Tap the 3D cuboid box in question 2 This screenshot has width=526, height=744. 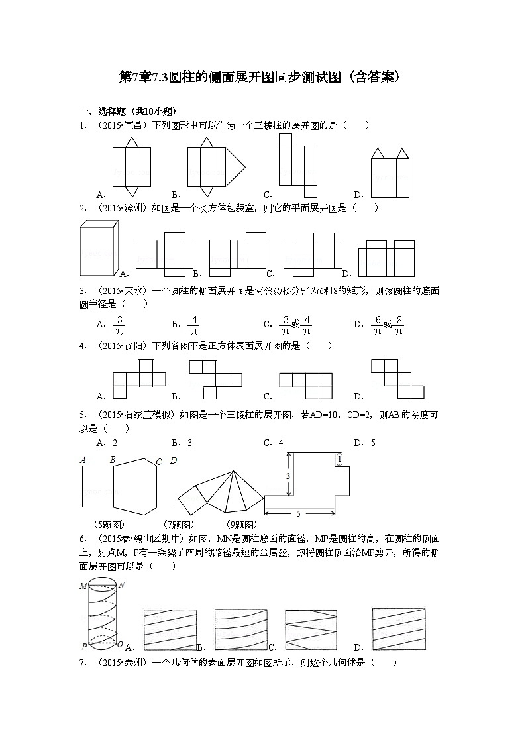pyautogui.click(x=99, y=248)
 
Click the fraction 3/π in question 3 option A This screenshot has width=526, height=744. pyautogui.click(x=120, y=325)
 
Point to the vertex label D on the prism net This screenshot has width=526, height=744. pyautogui.click(x=173, y=460)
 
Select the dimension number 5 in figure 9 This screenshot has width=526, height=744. pyautogui.click(x=299, y=513)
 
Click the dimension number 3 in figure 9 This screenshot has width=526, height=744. pyautogui.click(x=279, y=476)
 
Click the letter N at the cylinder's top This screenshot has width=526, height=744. pyautogui.click(x=123, y=586)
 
